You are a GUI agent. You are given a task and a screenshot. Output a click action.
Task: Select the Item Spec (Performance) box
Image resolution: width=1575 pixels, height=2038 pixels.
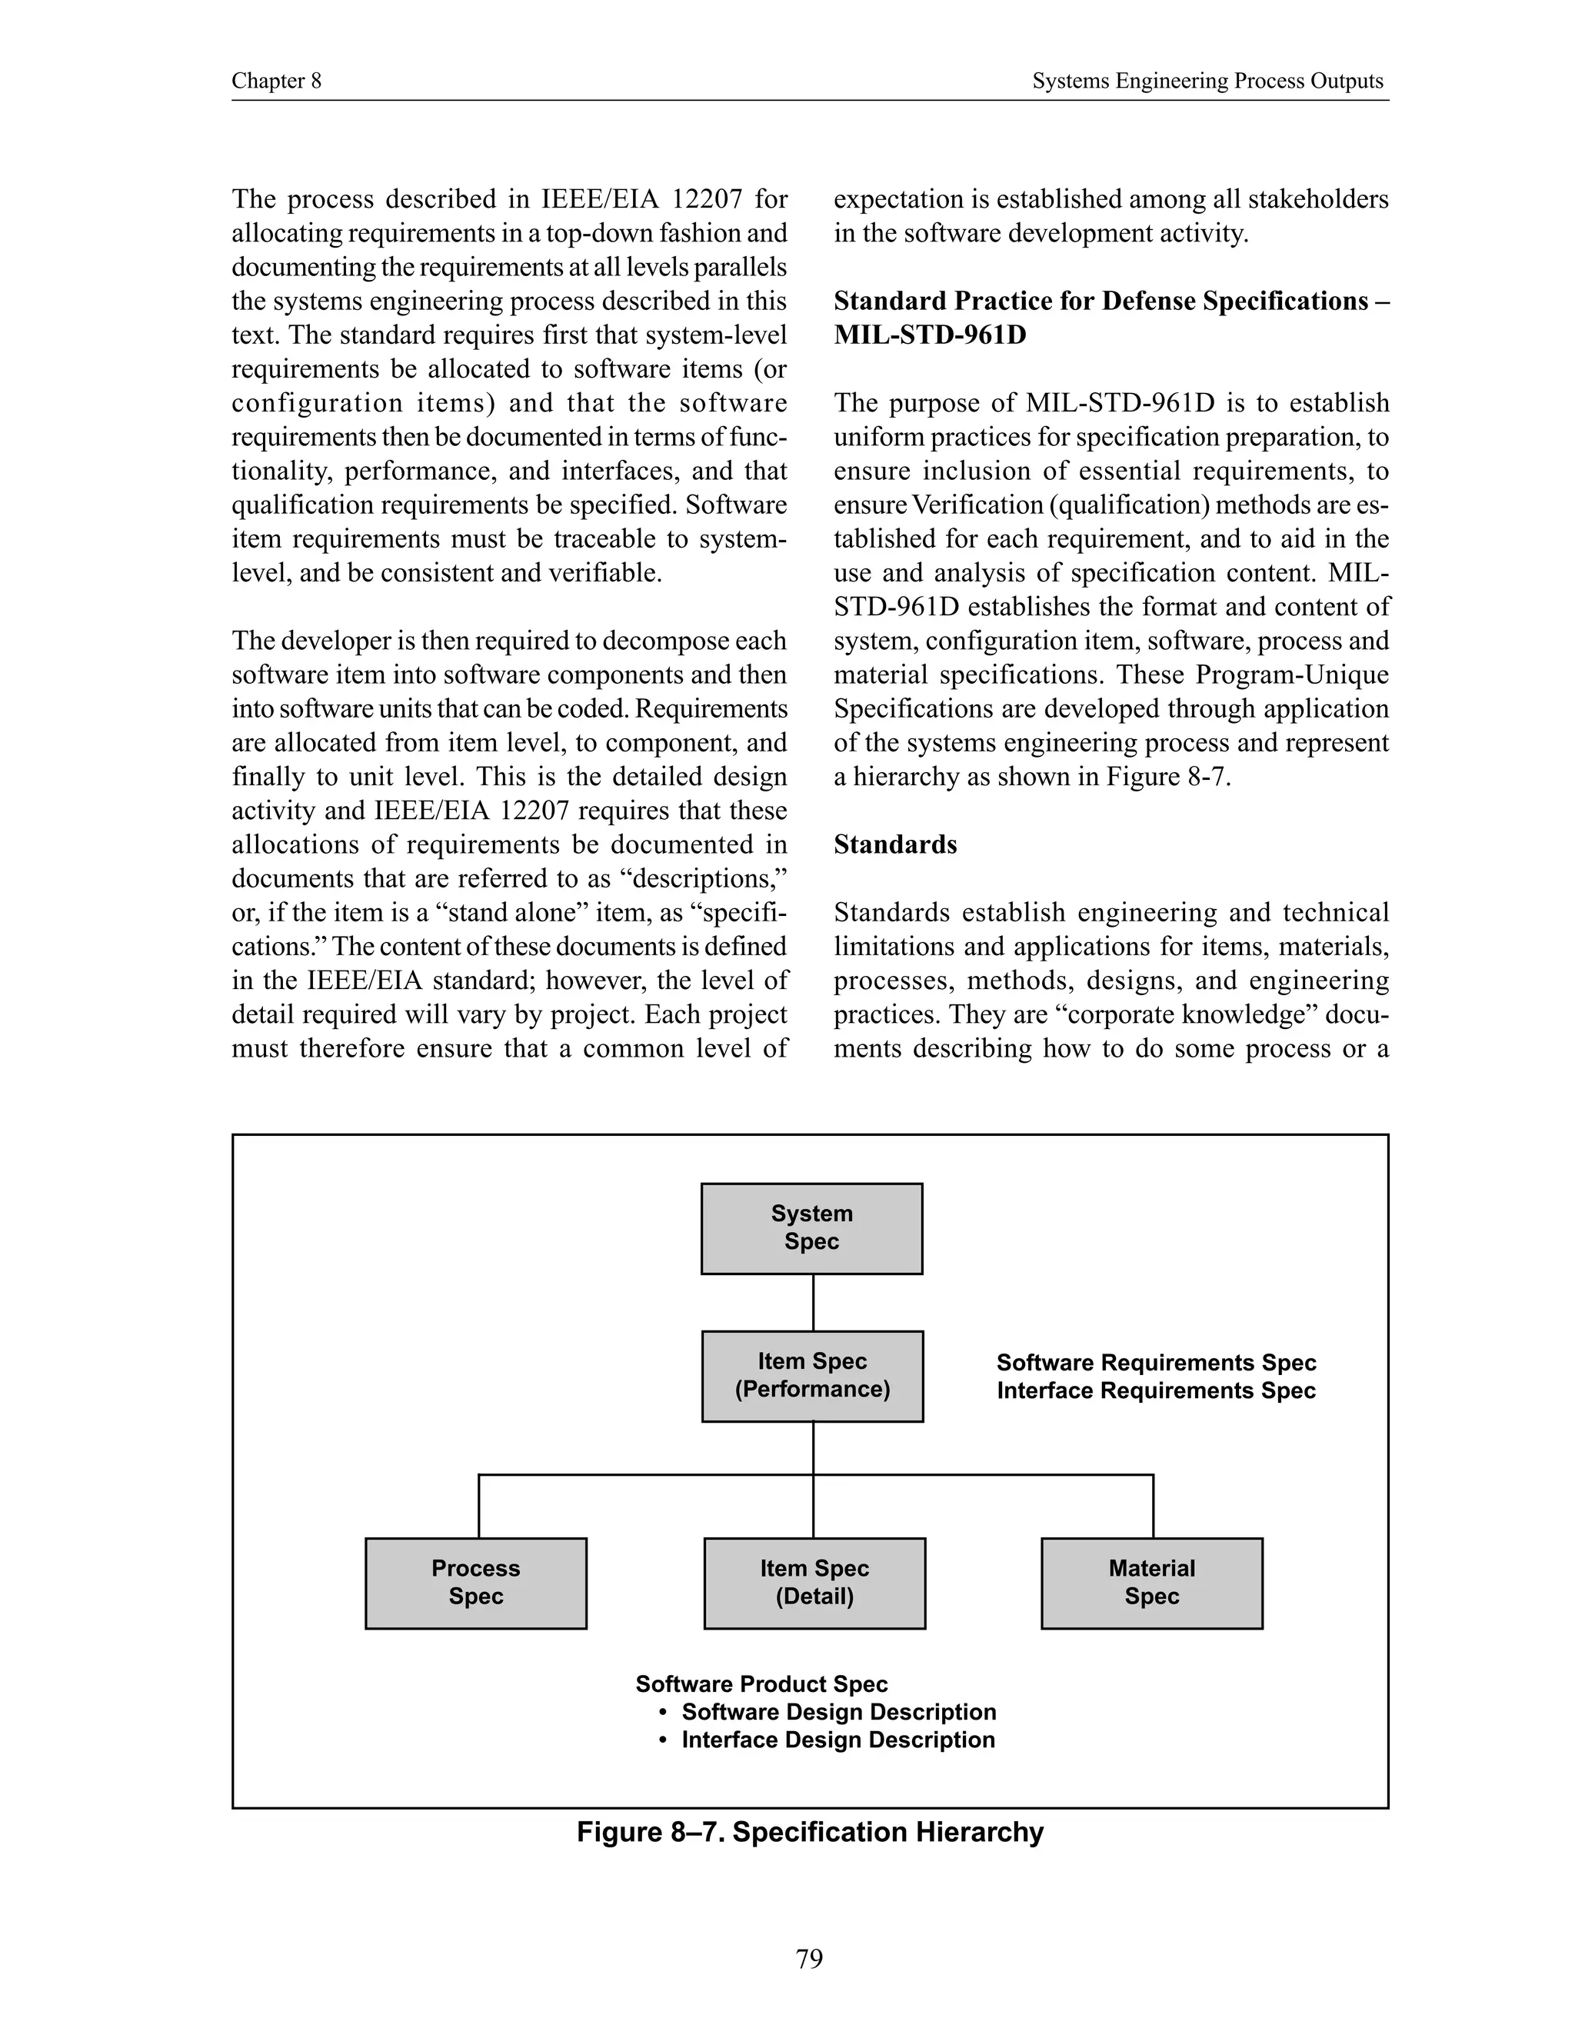tap(812, 1376)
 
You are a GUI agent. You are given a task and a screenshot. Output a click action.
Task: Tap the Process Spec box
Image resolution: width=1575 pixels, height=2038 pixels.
tap(476, 1583)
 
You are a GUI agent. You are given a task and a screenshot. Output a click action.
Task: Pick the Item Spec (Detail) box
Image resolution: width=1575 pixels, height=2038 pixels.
tap(814, 1583)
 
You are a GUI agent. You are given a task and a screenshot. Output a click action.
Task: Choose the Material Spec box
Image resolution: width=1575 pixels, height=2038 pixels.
tap(1151, 1583)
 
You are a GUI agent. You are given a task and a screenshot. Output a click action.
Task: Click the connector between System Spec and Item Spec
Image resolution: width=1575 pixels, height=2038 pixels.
tap(813, 1303)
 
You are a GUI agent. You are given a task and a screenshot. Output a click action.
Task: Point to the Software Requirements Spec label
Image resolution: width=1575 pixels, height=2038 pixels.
tap(1155, 1363)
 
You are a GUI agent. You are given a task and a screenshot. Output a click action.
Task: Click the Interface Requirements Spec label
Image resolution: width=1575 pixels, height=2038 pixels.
tap(1155, 1390)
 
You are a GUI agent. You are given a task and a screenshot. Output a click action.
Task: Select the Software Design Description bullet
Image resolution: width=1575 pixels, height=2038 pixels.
tap(838, 1711)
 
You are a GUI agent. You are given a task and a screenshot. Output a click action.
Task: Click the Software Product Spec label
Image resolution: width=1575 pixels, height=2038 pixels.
tap(761, 1683)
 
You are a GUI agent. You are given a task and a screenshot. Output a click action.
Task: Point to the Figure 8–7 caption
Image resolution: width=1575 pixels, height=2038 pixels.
tap(810, 1832)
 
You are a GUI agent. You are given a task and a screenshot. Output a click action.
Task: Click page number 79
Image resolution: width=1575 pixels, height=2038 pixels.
tap(810, 1958)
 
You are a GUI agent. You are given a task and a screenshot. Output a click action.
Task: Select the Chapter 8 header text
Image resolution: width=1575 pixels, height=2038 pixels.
tap(276, 82)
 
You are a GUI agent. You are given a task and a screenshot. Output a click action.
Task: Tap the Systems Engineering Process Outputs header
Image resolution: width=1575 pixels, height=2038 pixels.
tap(1207, 82)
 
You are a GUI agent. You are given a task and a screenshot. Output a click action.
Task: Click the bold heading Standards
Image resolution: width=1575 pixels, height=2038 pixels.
tap(895, 844)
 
